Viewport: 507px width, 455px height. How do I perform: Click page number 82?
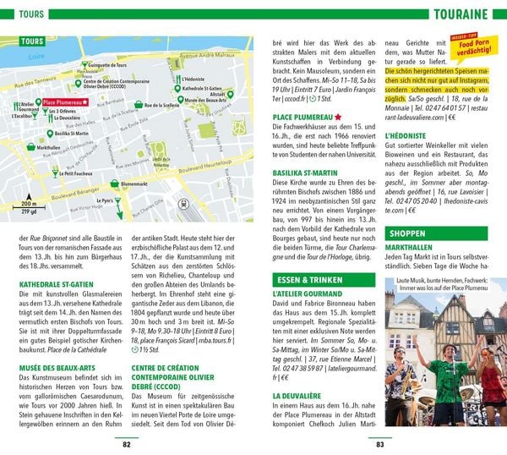point(127,444)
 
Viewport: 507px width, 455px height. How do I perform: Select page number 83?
point(379,444)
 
